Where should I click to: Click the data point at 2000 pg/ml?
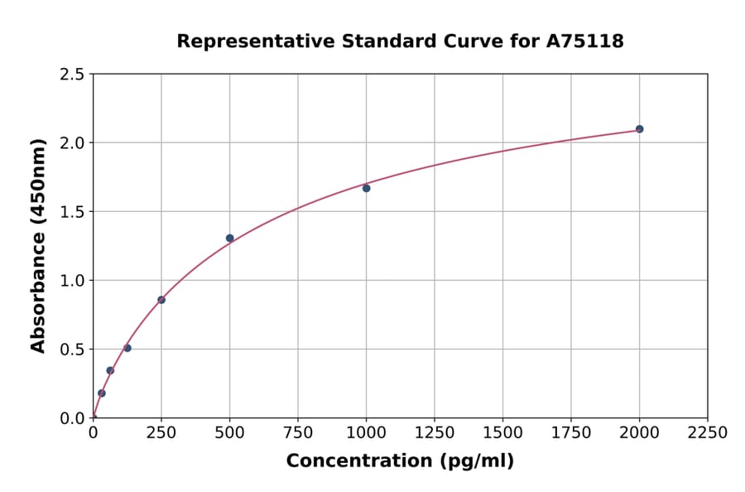click(x=639, y=129)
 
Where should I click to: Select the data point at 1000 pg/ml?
click(x=366, y=188)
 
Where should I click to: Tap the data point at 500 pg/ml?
click(x=229, y=238)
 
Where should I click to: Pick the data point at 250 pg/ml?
click(x=161, y=300)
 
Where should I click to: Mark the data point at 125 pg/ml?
click(x=127, y=348)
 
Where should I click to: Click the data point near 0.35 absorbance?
click(x=110, y=370)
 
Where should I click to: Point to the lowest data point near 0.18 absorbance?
click(x=102, y=393)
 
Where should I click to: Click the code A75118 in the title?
click(x=584, y=41)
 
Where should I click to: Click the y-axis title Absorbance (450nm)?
click(x=38, y=245)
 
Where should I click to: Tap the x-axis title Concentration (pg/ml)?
click(x=400, y=461)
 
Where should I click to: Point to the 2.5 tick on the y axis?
click(x=72, y=75)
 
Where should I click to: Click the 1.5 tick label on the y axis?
click(x=72, y=212)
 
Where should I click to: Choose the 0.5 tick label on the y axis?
click(x=72, y=350)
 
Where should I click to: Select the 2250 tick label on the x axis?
click(x=707, y=433)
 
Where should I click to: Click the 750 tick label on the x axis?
click(x=297, y=433)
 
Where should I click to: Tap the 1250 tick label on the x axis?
click(x=434, y=433)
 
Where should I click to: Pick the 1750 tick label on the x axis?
click(x=570, y=433)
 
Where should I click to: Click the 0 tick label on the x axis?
click(x=93, y=433)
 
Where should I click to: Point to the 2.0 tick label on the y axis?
click(x=72, y=143)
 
